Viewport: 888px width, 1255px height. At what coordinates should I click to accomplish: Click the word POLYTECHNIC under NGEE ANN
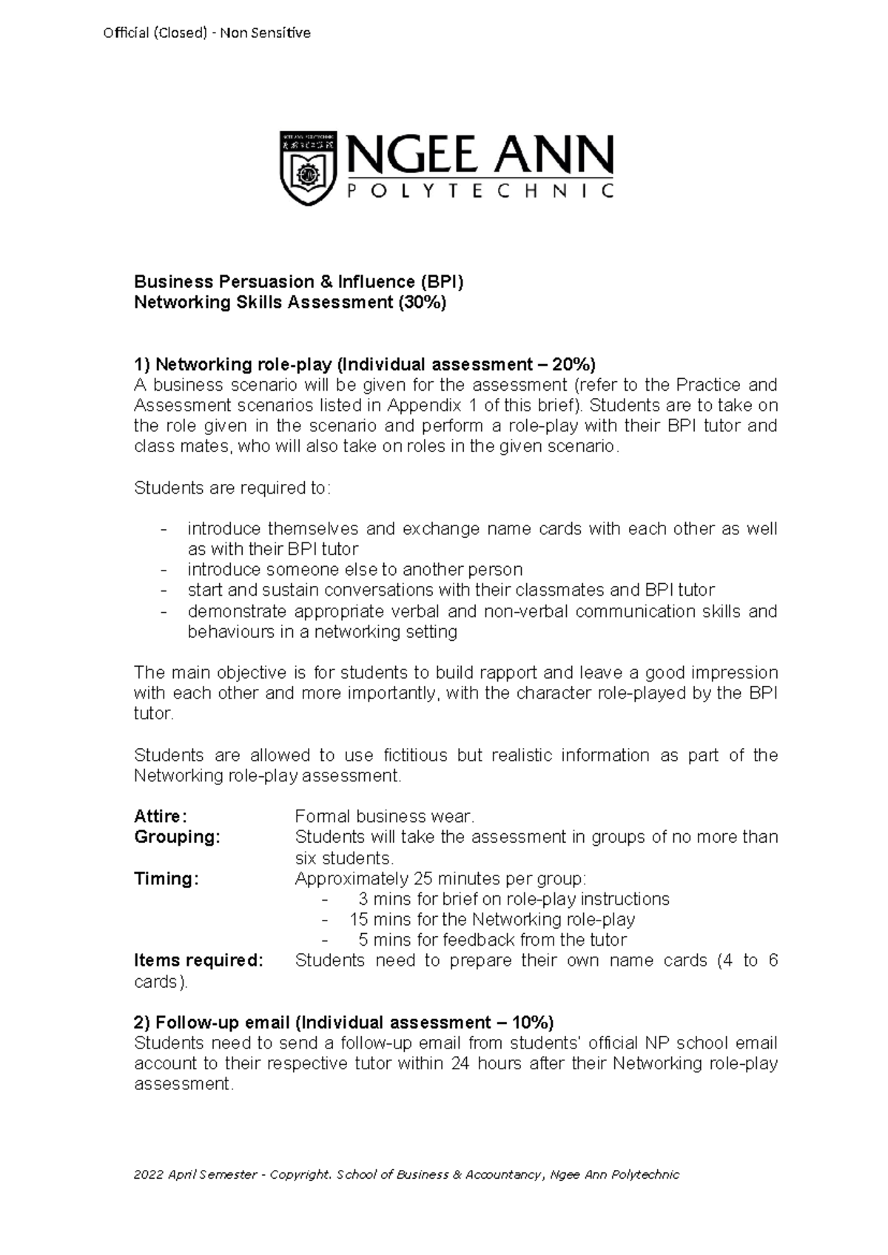(x=480, y=192)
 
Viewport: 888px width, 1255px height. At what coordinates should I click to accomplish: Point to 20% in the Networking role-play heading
(x=571, y=365)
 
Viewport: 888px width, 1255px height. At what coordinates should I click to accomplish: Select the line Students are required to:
(x=233, y=488)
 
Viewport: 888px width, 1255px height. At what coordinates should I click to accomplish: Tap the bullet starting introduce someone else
(x=355, y=570)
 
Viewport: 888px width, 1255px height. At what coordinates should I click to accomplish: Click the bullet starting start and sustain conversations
(x=451, y=591)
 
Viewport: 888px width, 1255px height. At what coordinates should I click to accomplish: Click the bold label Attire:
(x=161, y=817)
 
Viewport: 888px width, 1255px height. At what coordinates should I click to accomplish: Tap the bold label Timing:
(x=166, y=879)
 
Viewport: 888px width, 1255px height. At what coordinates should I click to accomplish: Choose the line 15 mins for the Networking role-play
(x=492, y=920)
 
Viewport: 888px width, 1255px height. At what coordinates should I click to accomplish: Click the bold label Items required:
(x=198, y=961)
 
